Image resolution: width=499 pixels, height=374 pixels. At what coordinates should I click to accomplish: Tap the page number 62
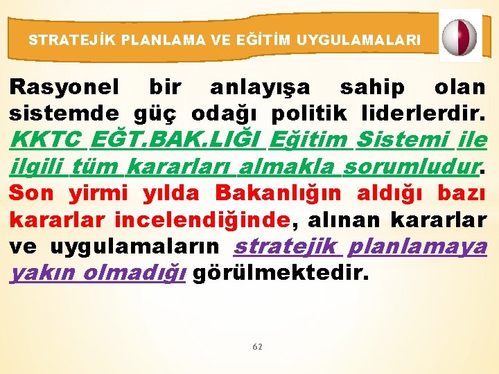click(x=257, y=346)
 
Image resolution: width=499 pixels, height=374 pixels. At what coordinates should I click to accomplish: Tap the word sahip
click(x=372, y=88)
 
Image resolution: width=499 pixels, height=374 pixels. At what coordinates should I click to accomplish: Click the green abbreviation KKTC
click(x=46, y=140)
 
